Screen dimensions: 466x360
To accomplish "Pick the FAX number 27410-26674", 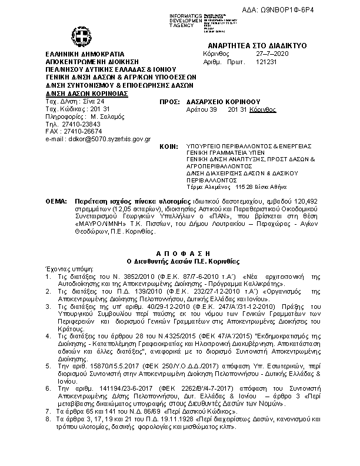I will point(81,131).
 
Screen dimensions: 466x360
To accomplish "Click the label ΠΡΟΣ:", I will point(169,101).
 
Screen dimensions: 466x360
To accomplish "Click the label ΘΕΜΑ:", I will point(56,201).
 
